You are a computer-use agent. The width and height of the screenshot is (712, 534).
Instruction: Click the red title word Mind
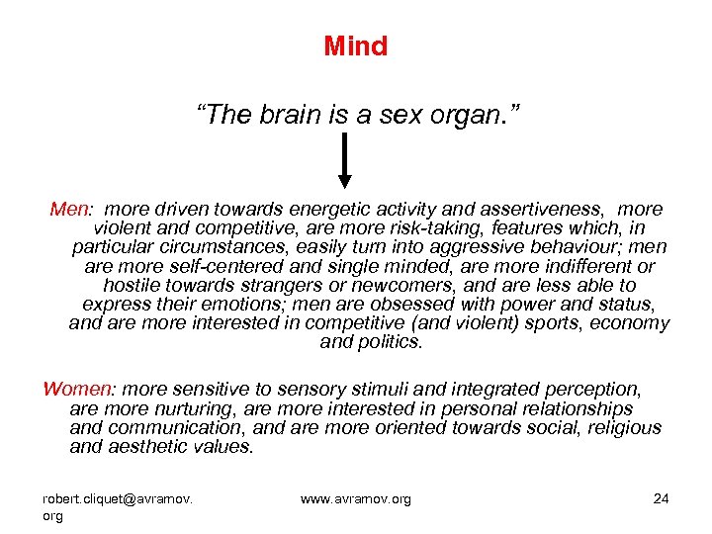tap(355, 45)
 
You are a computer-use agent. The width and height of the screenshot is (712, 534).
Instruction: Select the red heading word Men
tap(69, 210)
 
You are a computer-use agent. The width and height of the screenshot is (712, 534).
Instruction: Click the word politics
tap(389, 342)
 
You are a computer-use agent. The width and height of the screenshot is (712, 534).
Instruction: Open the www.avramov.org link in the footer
tap(355, 499)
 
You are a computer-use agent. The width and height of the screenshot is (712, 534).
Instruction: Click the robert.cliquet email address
tap(118, 499)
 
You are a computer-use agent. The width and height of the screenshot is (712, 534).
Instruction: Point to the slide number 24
tap(662, 498)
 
